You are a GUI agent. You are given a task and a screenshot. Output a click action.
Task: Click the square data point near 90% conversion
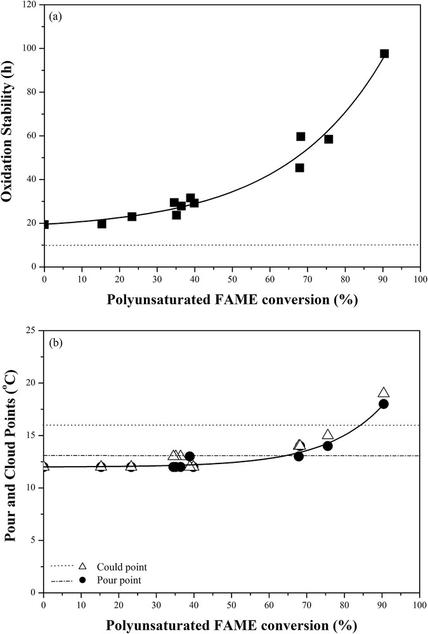[x=384, y=54]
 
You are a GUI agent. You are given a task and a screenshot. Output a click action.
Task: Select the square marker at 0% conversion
[x=44, y=224]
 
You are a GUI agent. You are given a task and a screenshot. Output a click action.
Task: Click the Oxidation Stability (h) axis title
[x=8, y=136]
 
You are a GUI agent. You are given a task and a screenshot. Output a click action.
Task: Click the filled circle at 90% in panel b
[x=384, y=404]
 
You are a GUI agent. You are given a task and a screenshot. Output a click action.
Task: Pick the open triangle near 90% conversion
[x=384, y=393]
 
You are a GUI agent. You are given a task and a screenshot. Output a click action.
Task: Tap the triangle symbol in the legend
[x=82, y=566]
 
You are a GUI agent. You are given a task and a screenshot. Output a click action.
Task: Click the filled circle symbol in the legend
[x=82, y=579]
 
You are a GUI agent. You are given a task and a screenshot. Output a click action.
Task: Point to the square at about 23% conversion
[x=132, y=216]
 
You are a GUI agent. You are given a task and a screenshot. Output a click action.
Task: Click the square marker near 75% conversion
[x=328, y=139]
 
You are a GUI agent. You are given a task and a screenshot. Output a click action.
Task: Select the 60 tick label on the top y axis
[x=29, y=136]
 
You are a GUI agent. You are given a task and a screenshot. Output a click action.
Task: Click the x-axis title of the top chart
[x=231, y=299]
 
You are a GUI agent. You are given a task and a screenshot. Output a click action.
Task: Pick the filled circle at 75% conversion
[x=328, y=446]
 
